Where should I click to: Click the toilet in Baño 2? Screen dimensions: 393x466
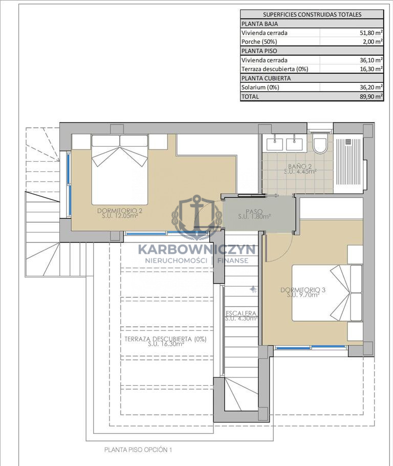pos(320,143)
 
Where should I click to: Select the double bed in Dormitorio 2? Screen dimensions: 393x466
pos(120,169)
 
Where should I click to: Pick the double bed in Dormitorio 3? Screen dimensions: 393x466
pos(327,293)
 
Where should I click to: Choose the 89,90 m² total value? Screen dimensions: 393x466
pos(371,97)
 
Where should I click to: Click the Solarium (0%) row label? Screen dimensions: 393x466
pos(260,87)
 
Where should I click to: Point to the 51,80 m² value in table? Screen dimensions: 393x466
pos(371,33)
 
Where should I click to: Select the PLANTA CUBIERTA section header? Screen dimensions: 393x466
pos(266,78)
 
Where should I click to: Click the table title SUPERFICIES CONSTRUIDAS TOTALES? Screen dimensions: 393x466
pos(312,14)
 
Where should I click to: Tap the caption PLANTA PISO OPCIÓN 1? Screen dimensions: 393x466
pos(138,450)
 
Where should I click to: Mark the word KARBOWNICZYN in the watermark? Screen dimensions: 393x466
pos(196,250)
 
